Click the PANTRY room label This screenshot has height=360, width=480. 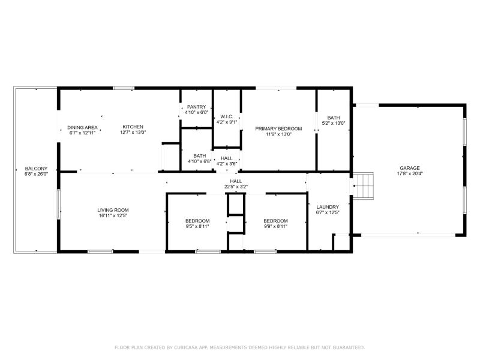[x=197, y=107]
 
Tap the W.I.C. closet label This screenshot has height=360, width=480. [x=227, y=116]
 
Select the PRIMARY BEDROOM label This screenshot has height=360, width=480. [x=278, y=128]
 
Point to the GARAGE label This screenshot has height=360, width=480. [x=410, y=168]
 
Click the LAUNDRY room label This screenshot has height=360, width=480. [x=328, y=207]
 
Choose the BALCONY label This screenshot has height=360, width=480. [x=36, y=169]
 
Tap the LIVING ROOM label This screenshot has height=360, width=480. [x=113, y=210]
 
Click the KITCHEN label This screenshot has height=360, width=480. [x=133, y=127]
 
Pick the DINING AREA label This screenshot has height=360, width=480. [x=82, y=127]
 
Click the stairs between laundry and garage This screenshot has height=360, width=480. [x=363, y=186]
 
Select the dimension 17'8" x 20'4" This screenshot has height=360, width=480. [x=410, y=173]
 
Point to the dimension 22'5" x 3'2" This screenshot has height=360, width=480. [x=236, y=187]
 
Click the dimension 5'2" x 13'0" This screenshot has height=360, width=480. [x=334, y=123]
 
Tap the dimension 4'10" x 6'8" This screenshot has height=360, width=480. [x=200, y=161]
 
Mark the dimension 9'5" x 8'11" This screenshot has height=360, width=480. [x=197, y=227]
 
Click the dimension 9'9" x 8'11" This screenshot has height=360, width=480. [x=275, y=227]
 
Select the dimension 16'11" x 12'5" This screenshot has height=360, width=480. [x=113, y=215]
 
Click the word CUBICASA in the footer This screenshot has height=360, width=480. [x=186, y=347]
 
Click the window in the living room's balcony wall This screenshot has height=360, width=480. [x=58, y=204]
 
